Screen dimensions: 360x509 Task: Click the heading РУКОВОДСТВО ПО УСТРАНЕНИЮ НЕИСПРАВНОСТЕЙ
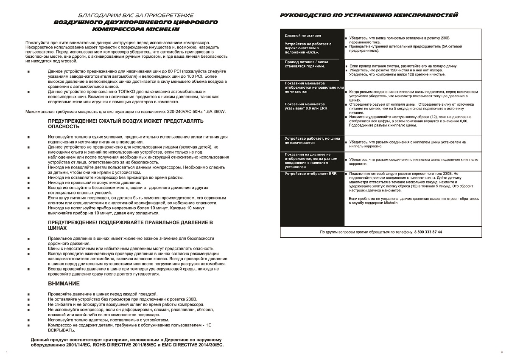[x=369, y=15]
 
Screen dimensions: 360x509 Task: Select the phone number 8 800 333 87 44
[x=428, y=232]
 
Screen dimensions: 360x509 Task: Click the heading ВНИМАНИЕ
[x=64, y=283]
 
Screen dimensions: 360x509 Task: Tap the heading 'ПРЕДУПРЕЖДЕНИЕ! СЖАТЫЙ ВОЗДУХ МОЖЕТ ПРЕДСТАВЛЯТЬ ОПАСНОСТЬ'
[x=126, y=124]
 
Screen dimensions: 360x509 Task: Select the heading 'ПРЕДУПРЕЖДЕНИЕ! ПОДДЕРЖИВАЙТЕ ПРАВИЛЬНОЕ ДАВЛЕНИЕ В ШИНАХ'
[x=131, y=225]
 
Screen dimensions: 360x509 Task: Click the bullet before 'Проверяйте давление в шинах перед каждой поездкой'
[x=28, y=294]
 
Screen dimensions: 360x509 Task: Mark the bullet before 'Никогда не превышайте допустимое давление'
[x=28, y=182]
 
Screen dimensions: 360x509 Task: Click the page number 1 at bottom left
[x=7, y=352]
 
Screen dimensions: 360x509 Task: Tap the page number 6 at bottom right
[x=501, y=352]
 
